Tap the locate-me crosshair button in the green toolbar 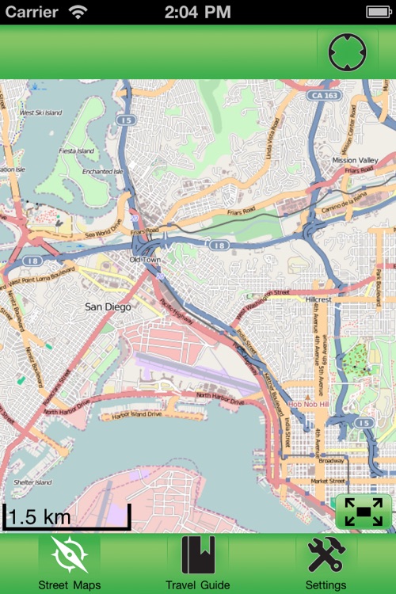[x=347, y=52]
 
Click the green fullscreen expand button [x=364, y=512]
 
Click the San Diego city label [x=108, y=306]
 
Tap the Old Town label [x=146, y=260]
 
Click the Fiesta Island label [x=77, y=150]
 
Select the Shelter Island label [x=32, y=482]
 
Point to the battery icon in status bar [x=379, y=12]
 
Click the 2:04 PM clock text [x=198, y=12]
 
